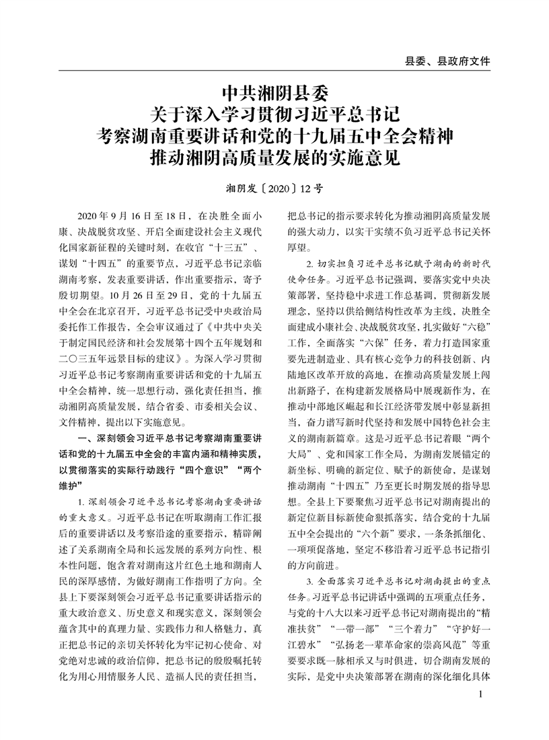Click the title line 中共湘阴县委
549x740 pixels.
point(274,90)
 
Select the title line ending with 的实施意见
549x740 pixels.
point(274,160)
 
